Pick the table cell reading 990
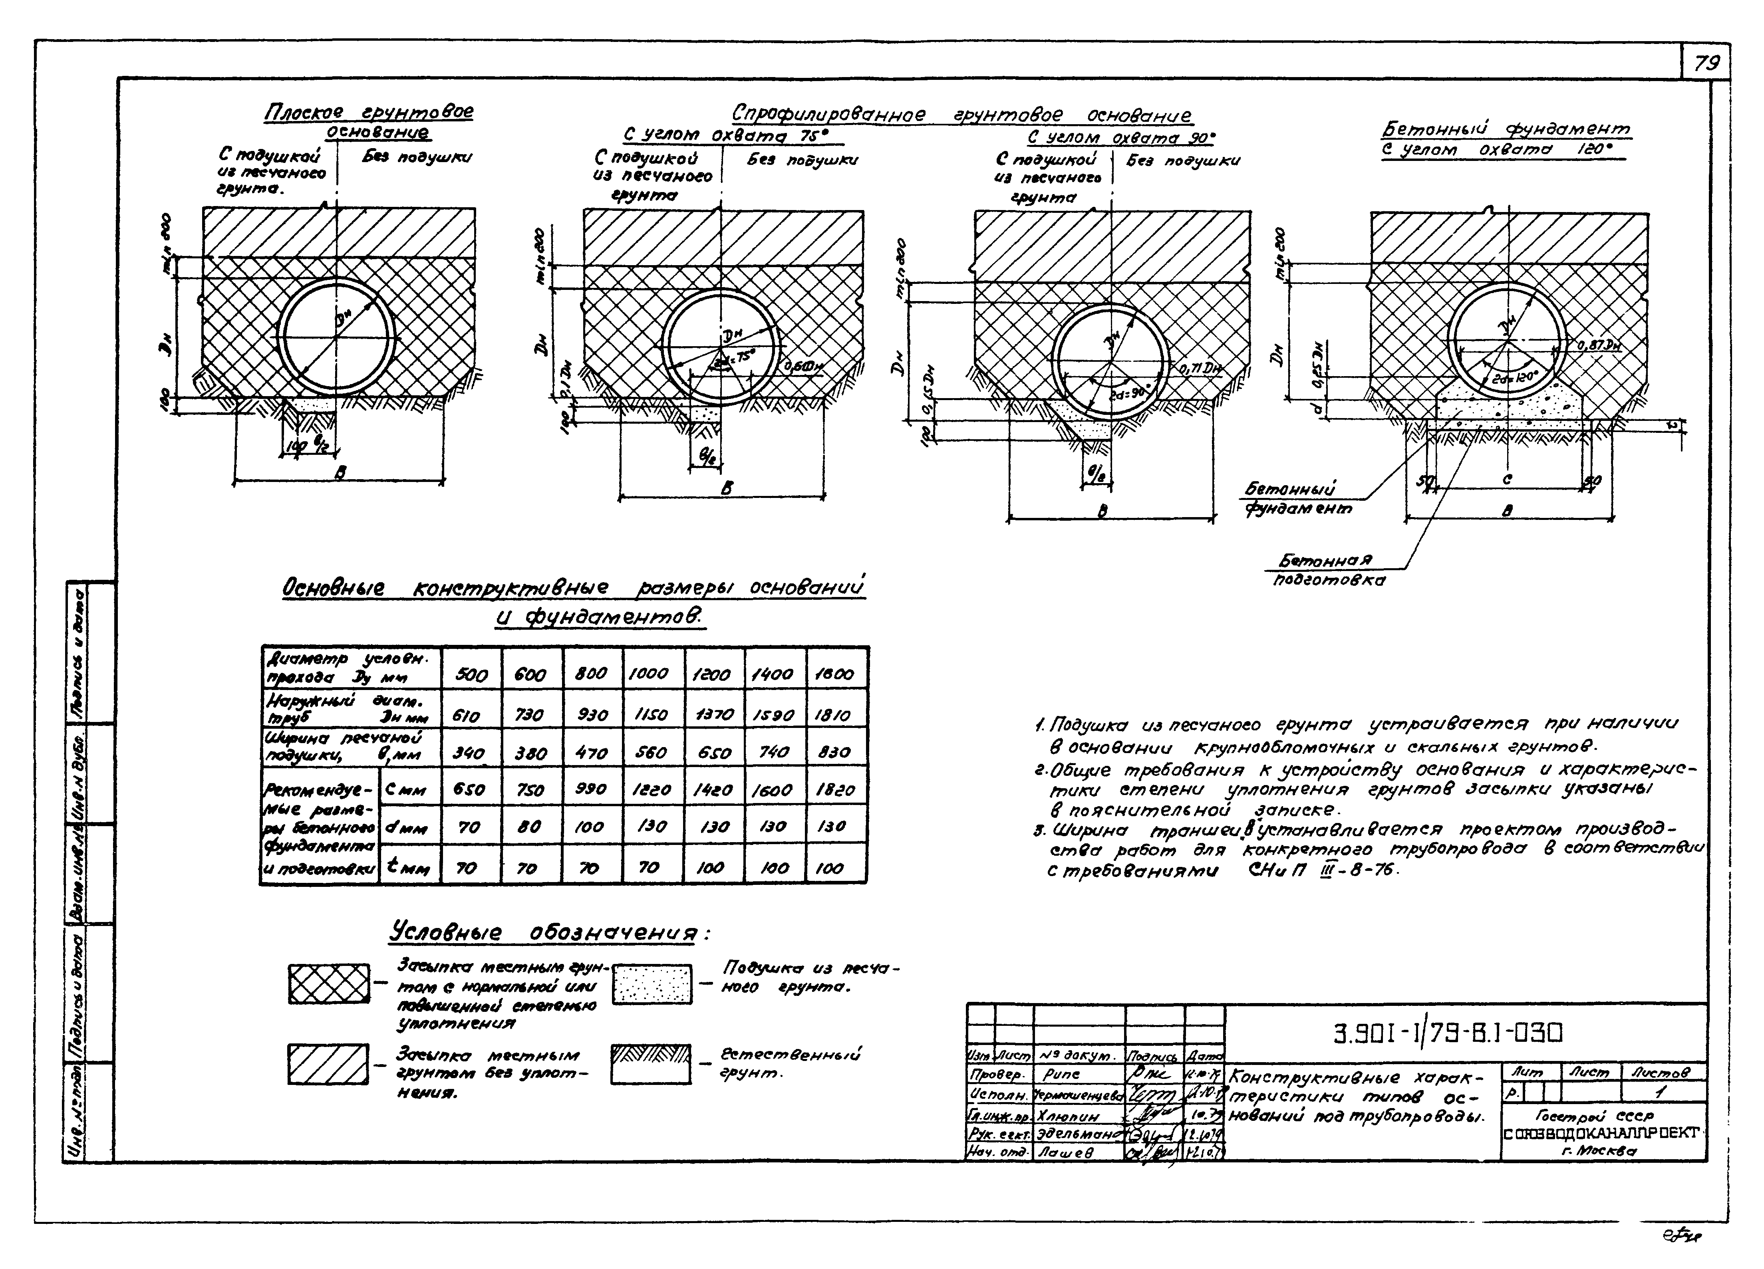tap(590, 790)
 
